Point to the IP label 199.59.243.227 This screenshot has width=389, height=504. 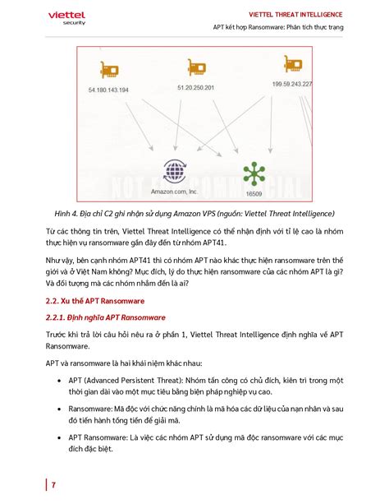tap(286, 85)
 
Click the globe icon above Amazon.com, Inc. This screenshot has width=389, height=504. tap(175, 170)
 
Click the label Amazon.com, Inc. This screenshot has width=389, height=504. tap(174, 191)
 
